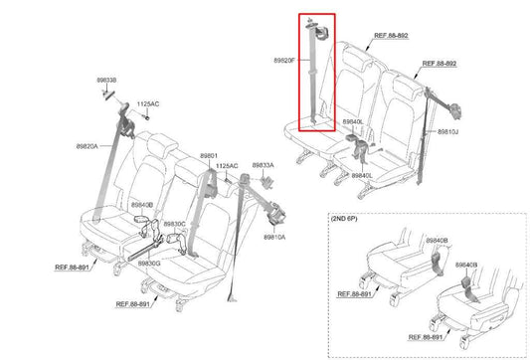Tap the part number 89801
tap(208, 155)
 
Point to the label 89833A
tap(264, 165)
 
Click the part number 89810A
tap(274, 238)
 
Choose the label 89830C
tap(174, 224)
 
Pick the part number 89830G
tap(149, 263)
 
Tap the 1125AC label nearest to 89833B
tap(147, 103)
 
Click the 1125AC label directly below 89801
tap(228, 165)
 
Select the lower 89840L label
tap(361, 176)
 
